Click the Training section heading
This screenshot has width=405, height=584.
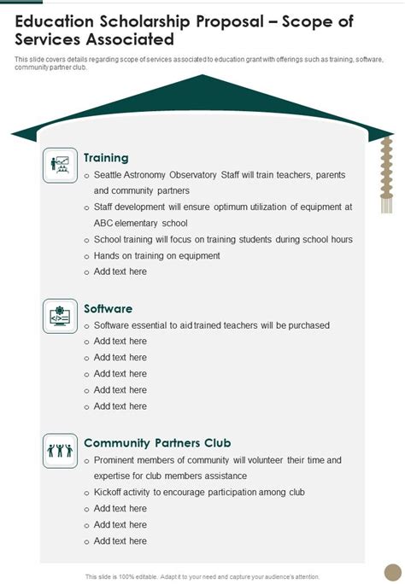tap(106, 158)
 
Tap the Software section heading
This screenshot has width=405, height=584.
tap(108, 308)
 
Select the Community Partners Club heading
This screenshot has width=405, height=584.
tap(157, 443)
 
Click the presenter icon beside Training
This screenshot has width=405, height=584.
tap(60, 164)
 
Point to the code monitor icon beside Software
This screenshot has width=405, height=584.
tap(60, 316)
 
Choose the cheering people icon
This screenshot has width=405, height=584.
tap(60, 450)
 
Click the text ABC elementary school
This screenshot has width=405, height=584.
tap(140, 223)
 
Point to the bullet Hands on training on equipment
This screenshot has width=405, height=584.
tap(156, 255)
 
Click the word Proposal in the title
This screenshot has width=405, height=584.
tap(223, 21)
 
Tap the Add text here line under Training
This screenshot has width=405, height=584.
tap(120, 272)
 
